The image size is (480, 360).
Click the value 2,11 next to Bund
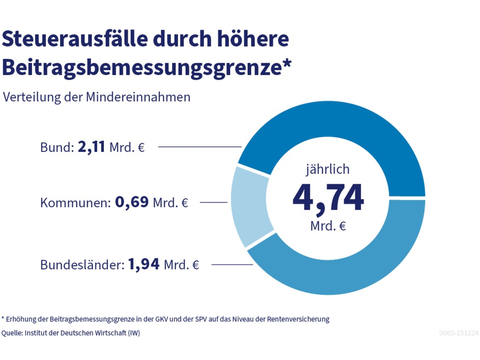click(x=92, y=147)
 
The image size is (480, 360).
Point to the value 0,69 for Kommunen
click(x=132, y=202)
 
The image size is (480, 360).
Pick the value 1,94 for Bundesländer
click(x=144, y=264)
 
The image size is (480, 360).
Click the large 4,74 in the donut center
click(x=328, y=198)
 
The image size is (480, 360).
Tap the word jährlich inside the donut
click(x=328, y=169)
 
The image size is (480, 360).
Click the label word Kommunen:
click(x=75, y=203)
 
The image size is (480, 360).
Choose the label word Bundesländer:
click(x=82, y=265)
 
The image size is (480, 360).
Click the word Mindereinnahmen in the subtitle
click(x=138, y=97)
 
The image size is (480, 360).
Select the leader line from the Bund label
click(x=200, y=147)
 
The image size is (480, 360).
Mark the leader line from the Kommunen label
click(x=214, y=202)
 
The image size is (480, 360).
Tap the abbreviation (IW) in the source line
click(x=134, y=333)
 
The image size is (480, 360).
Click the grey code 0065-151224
click(x=458, y=333)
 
